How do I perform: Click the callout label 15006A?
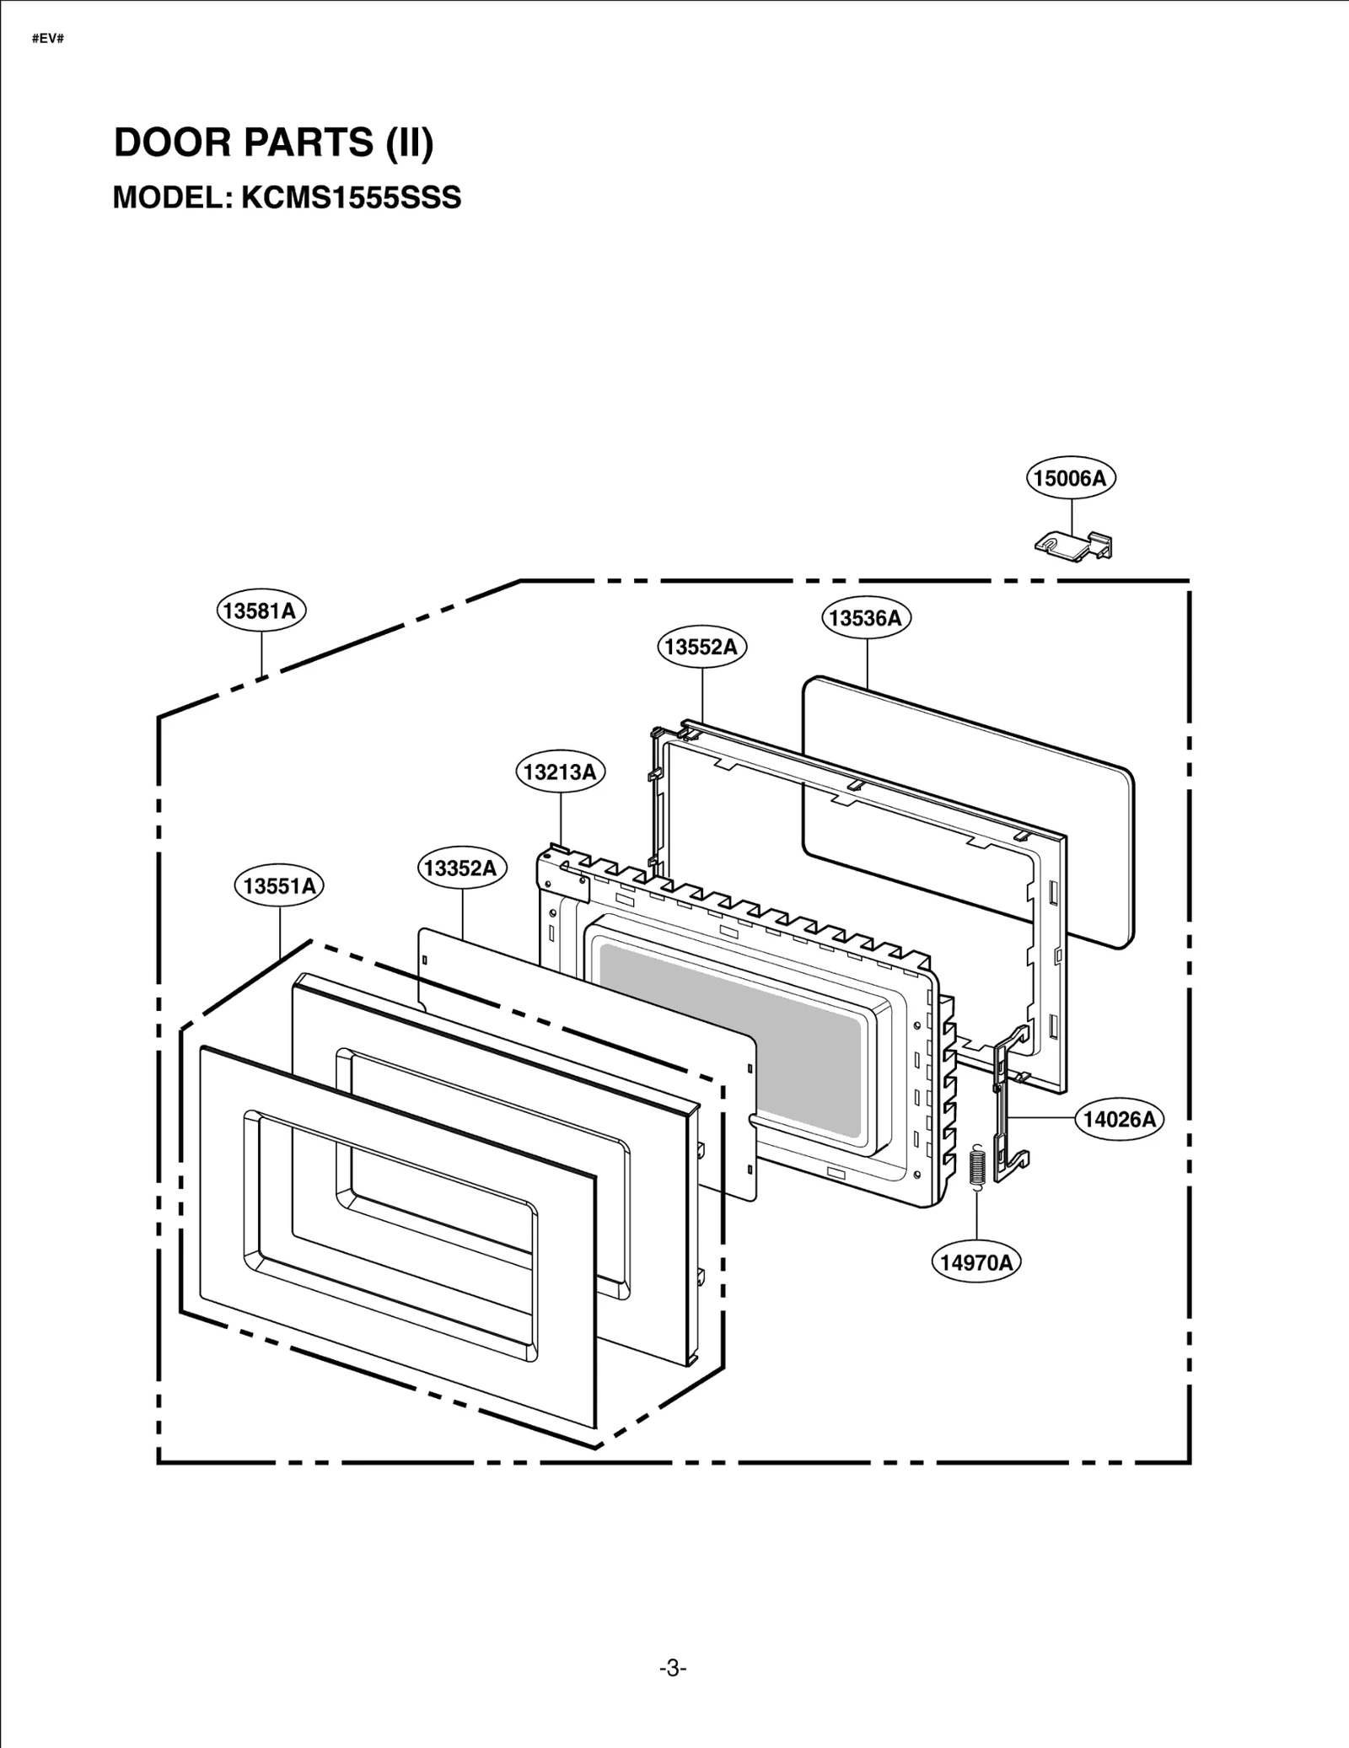[x=1071, y=478]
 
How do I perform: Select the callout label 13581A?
[x=261, y=610]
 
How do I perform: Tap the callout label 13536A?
[x=866, y=618]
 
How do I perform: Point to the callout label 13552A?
[x=701, y=647]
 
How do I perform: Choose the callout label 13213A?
[x=560, y=772]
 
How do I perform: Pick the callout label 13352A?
[x=461, y=869]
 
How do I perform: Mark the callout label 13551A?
[x=279, y=886]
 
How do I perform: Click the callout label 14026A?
[x=1120, y=1120]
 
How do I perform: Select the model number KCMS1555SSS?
[x=352, y=198]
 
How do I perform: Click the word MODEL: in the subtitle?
[x=172, y=198]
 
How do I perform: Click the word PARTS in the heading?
[x=309, y=143]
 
